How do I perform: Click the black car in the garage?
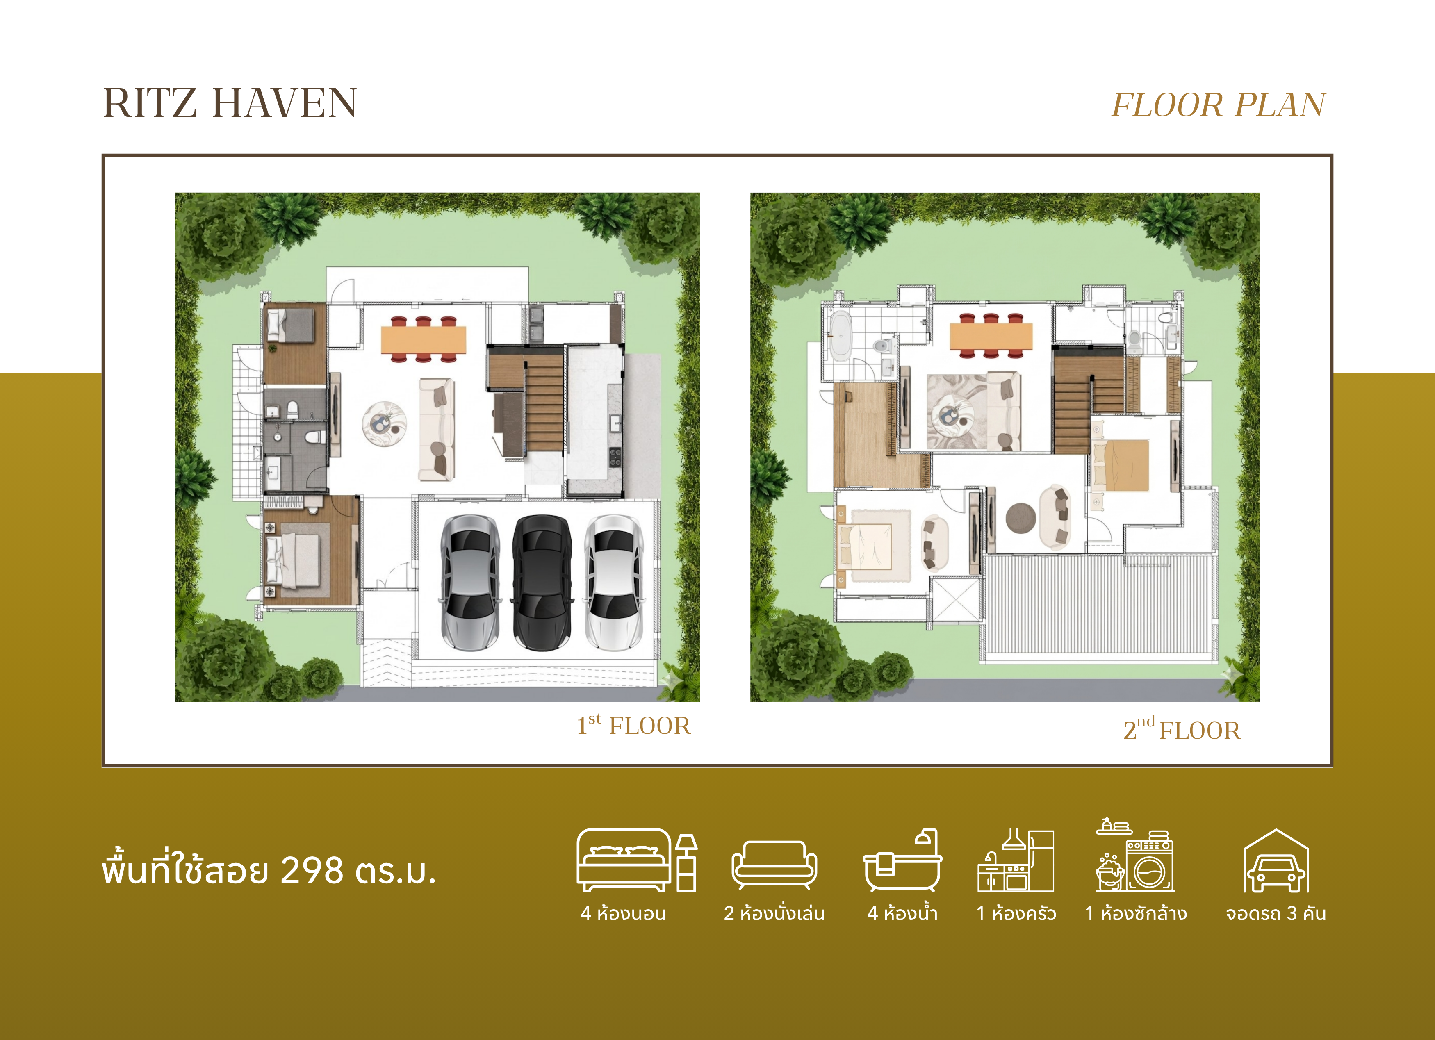542,583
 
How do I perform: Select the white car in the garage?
614,583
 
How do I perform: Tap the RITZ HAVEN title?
230,103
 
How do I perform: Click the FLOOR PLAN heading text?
1218,105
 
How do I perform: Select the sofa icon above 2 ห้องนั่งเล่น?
774,865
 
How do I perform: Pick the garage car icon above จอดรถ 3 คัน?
1276,860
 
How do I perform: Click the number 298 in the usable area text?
312,870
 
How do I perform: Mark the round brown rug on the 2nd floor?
1020,518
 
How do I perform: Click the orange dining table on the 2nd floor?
991,336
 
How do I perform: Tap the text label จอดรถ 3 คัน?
1276,913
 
